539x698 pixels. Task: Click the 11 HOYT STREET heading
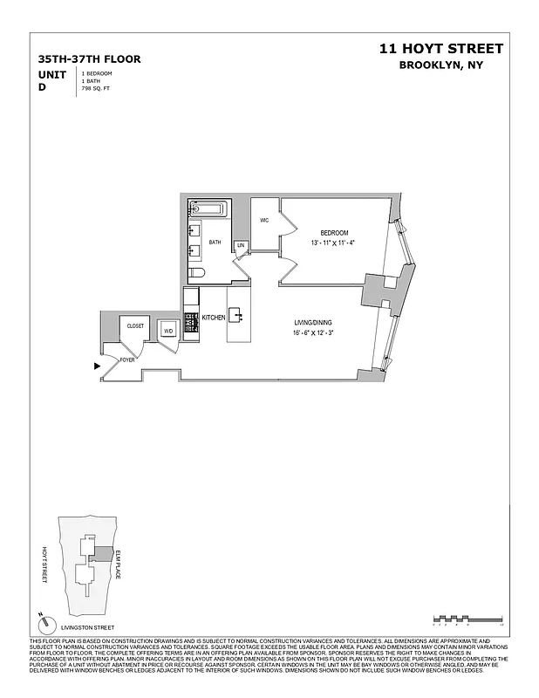click(x=440, y=49)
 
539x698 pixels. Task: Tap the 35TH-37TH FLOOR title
click(x=89, y=59)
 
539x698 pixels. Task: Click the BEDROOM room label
click(x=334, y=232)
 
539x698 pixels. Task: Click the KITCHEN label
click(x=213, y=318)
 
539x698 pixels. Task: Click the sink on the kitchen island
click(x=236, y=315)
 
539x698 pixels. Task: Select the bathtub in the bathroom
click(x=208, y=209)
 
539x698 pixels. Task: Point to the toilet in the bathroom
click(x=196, y=273)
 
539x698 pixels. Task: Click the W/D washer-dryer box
click(x=168, y=331)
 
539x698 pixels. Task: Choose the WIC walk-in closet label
click(x=264, y=220)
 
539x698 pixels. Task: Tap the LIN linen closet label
click(x=241, y=246)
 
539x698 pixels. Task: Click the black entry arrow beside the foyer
click(x=97, y=366)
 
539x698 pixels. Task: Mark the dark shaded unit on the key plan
click(x=103, y=553)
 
